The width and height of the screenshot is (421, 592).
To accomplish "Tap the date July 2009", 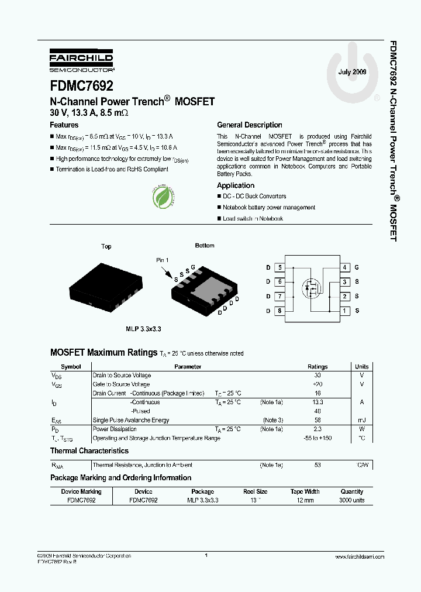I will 353,72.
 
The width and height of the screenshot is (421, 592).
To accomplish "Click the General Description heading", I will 250,125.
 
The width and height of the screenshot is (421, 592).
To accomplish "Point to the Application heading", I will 236,185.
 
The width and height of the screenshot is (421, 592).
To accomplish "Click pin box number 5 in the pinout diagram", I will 280,267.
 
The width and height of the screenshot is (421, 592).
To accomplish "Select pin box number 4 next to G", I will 346,267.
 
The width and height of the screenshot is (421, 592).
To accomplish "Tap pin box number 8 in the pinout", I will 280,311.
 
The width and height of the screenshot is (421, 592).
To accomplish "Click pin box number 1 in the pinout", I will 346,311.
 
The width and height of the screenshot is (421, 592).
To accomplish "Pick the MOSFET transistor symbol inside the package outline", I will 310,288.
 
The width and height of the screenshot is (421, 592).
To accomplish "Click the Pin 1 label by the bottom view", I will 163,259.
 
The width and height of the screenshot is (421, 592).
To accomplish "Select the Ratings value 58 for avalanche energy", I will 318,420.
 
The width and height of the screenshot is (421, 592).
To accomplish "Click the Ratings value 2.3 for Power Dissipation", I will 318,429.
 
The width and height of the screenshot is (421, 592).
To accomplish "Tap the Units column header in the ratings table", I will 362,367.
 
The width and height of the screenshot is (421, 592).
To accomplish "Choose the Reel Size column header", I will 256,492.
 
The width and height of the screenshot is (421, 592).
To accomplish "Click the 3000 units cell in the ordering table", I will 351,501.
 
